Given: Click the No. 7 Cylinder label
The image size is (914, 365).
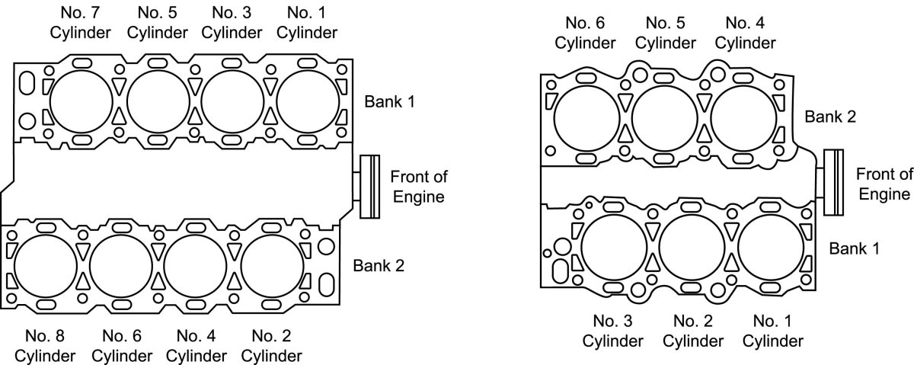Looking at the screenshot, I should pos(82,23).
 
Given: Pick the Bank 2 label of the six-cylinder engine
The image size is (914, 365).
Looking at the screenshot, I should pos(831,117).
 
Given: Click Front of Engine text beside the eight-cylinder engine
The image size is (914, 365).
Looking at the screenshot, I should pos(418,187).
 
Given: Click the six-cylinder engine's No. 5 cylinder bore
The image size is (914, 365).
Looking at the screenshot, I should pos(665,117).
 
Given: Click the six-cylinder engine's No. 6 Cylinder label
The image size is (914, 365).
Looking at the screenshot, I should pos(585,33).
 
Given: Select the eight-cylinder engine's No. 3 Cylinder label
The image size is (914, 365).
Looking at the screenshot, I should pos(232,23).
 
